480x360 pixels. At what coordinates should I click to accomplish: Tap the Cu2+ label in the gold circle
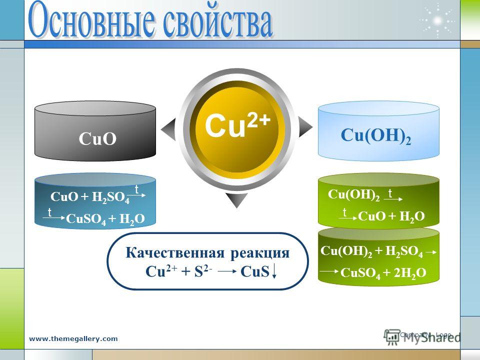237,124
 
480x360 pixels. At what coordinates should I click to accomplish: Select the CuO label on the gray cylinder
97,138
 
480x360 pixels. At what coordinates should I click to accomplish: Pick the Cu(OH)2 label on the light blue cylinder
375,135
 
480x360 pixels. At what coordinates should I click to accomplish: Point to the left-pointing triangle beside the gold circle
168,129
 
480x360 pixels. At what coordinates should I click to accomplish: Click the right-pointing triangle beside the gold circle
305,126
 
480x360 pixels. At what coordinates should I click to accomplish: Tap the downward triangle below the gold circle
236,200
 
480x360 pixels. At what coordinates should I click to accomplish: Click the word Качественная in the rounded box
174,253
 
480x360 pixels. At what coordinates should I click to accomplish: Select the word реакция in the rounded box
260,253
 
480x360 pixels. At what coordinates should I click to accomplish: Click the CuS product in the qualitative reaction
255,271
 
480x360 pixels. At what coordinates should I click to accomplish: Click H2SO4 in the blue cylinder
110,197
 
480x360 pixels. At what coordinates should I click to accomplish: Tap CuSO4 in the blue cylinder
86,219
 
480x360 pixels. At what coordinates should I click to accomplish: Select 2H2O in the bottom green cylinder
410,273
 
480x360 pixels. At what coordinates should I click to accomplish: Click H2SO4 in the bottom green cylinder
404,251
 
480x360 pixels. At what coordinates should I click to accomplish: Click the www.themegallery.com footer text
73,339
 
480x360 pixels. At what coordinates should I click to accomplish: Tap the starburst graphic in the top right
438,20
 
